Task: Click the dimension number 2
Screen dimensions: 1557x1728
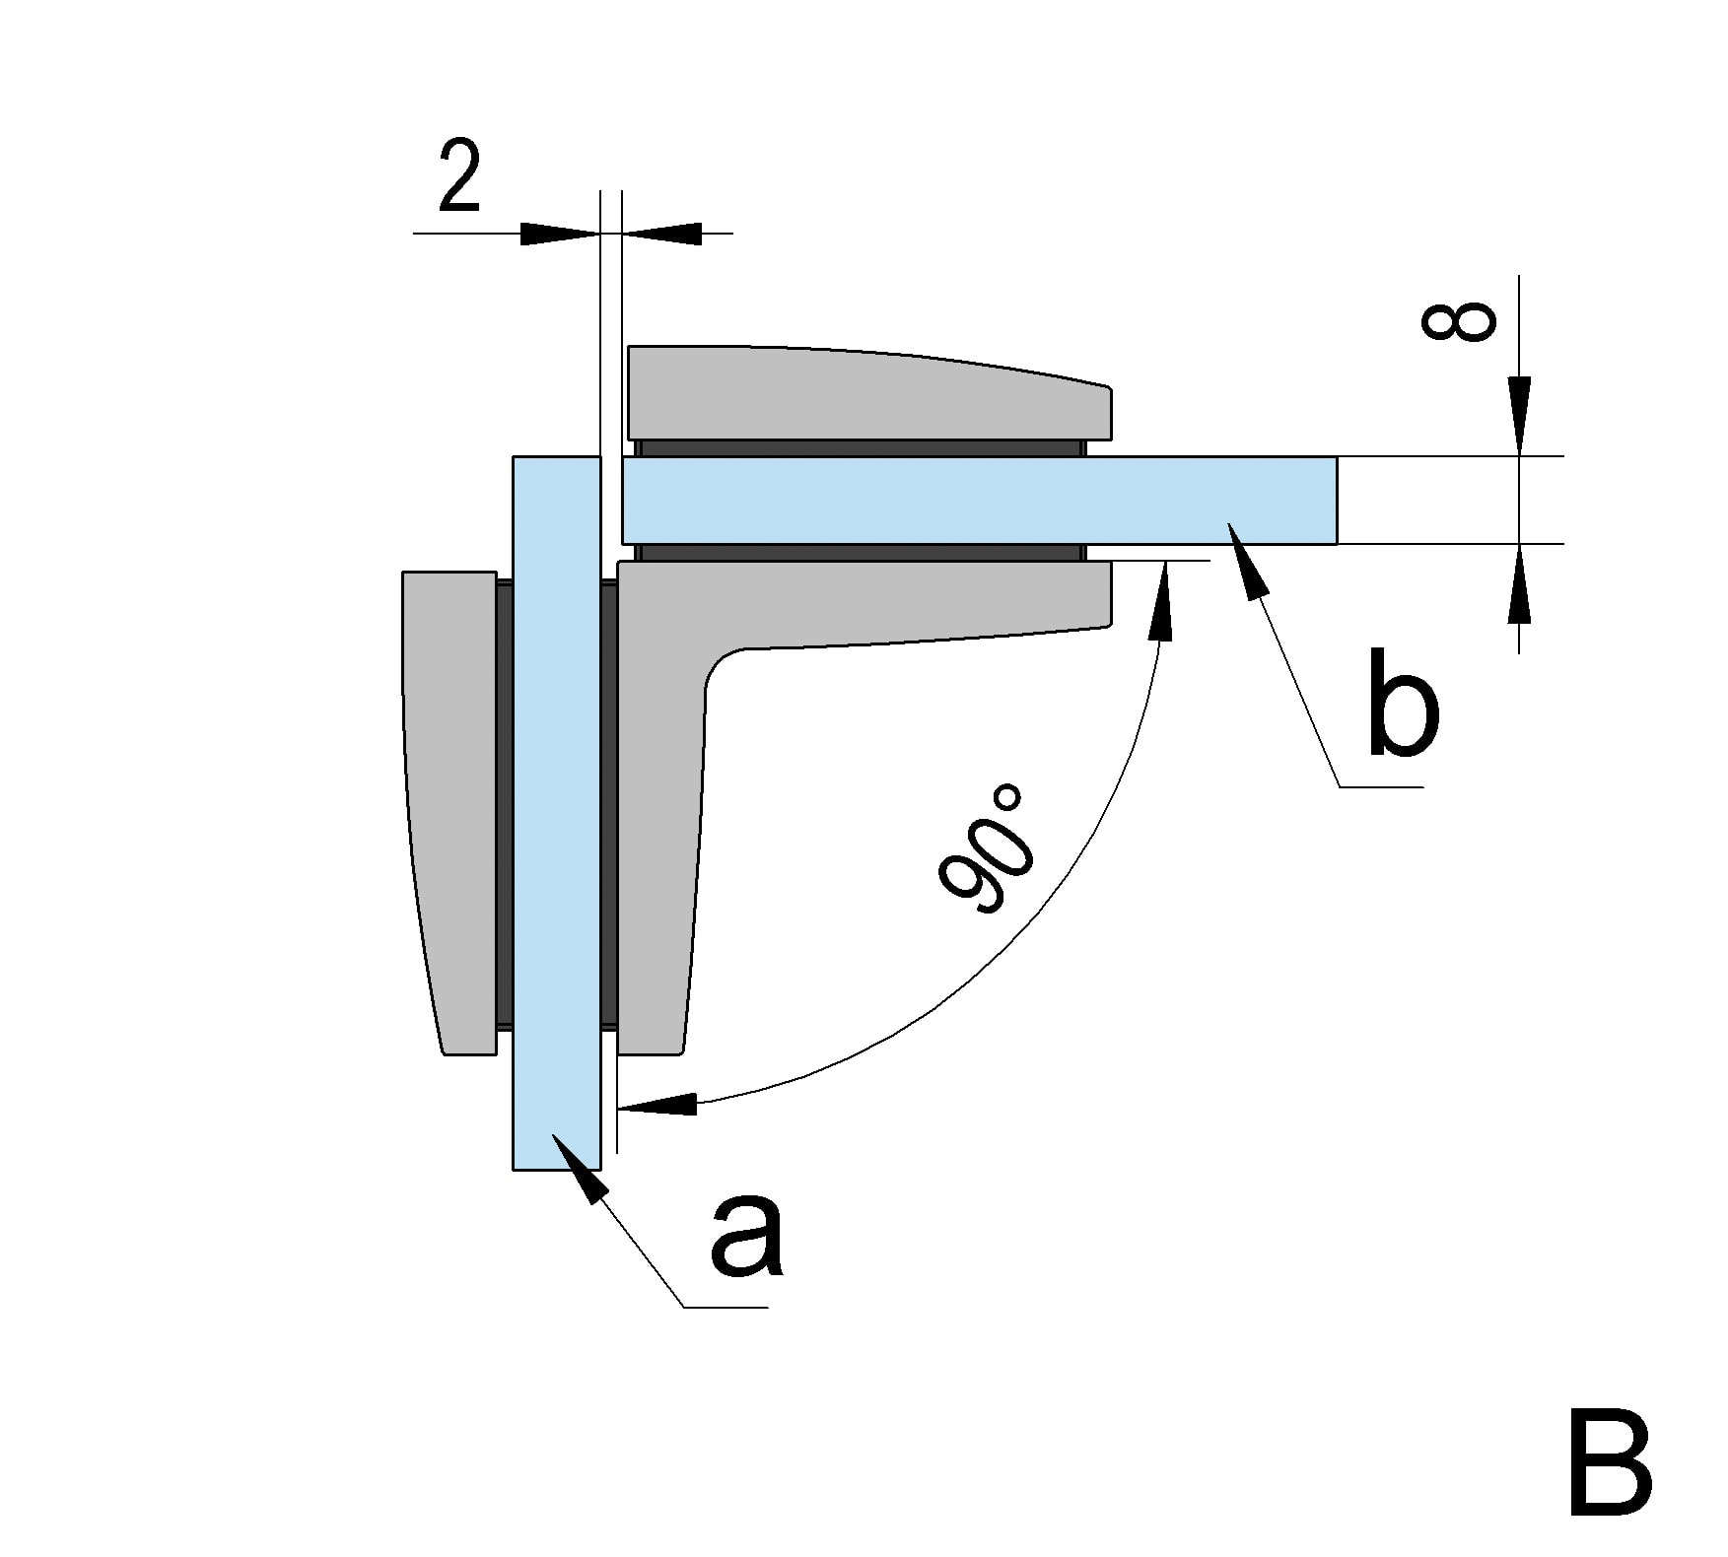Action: [459, 177]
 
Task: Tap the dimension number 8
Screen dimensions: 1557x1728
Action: [1459, 322]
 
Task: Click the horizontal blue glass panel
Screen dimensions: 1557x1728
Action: [976, 500]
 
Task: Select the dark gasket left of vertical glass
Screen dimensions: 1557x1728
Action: [504, 808]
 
